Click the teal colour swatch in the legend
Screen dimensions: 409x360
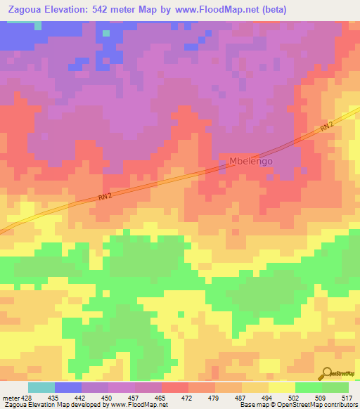41,387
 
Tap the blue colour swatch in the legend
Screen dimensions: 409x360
68,387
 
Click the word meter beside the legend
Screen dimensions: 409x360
10,397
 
